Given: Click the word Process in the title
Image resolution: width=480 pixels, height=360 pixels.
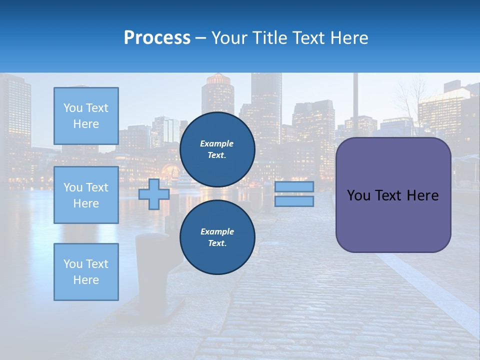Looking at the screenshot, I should tap(157, 38).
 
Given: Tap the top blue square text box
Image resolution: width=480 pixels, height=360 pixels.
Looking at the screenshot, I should tap(86, 116).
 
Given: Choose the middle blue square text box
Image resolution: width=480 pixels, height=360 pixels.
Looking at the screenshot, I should tap(86, 195).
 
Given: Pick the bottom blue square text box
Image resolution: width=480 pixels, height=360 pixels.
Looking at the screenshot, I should tap(86, 271).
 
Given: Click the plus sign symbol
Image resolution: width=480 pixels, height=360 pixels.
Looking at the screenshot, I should tap(153, 194).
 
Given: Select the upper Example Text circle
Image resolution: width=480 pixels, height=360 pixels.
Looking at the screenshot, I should tap(217, 149).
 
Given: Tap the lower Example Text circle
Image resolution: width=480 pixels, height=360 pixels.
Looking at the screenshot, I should tap(217, 237).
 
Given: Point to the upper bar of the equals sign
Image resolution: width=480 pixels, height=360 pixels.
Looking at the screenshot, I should tap(294, 186).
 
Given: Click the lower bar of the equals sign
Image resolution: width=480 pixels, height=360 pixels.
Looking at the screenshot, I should tap(294, 201).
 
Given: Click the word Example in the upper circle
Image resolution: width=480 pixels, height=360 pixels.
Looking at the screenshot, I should tap(216, 143).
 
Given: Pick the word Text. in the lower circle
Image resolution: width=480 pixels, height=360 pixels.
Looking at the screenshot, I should tap(217, 243).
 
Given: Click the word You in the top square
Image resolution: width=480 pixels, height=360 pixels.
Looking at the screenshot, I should tap(72, 108).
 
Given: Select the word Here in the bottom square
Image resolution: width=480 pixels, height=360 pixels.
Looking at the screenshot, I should tap(86, 280).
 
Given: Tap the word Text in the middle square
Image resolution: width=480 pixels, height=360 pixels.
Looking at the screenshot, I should tap(97, 187).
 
